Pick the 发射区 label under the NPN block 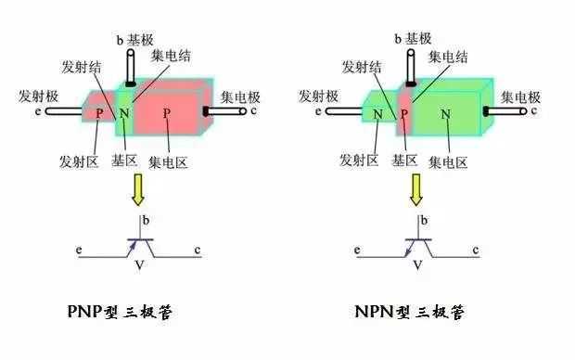click(x=359, y=161)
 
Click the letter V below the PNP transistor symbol click(x=139, y=265)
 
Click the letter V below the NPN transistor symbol click(x=417, y=265)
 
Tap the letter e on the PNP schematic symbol click(x=81, y=251)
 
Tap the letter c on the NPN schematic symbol click(x=476, y=251)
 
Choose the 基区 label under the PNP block click(x=123, y=161)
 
